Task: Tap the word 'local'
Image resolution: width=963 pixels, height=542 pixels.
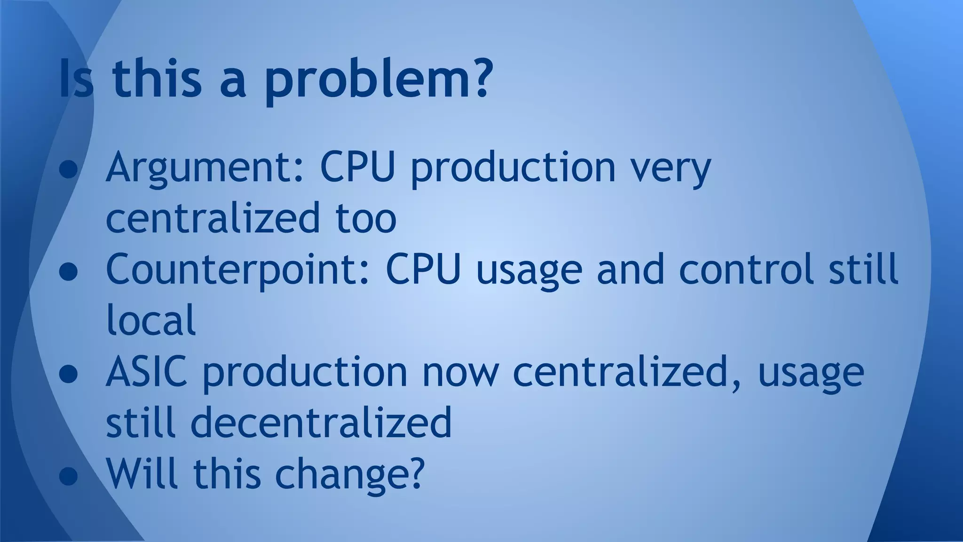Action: pos(151,320)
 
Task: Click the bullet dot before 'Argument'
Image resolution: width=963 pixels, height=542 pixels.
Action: pos(69,170)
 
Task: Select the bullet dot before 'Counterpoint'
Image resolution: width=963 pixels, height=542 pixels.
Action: pos(69,272)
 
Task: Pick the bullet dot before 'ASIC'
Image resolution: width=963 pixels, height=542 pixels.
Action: pos(69,375)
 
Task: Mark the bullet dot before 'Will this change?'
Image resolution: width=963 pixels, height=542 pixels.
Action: pos(69,476)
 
